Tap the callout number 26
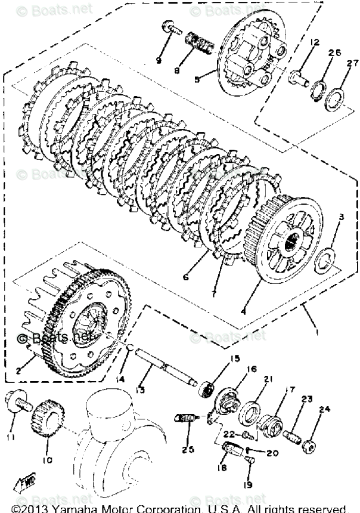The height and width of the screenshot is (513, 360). click(334, 53)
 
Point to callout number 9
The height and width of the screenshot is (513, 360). click(159, 60)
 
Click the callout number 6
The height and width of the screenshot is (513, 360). click(187, 277)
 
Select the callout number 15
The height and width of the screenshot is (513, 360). click(234, 358)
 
